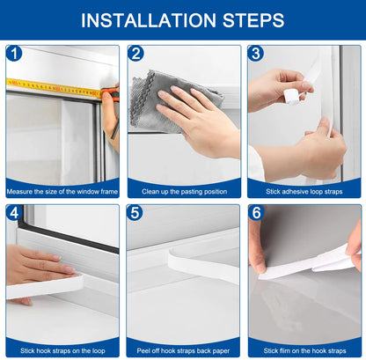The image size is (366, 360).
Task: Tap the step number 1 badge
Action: point(13,54)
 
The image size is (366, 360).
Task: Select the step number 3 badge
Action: point(256,54)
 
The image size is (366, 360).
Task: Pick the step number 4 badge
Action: point(13,213)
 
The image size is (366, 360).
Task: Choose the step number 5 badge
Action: point(135,213)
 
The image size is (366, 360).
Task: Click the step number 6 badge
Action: point(256,213)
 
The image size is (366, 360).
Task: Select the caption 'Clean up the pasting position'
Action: point(183,190)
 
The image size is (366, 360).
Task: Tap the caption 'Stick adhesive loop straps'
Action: point(304,190)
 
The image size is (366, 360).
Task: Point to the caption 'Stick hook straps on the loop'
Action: point(62,350)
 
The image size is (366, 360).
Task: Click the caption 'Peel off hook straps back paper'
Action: point(183,350)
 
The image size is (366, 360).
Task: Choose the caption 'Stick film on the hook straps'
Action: point(304,350)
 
